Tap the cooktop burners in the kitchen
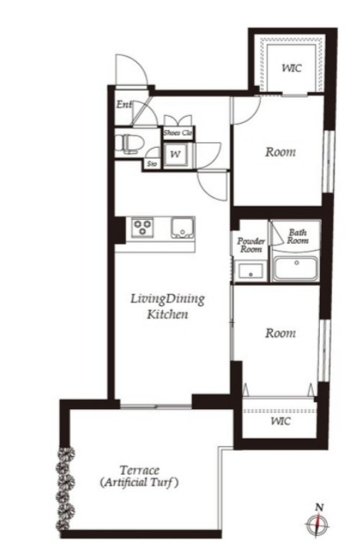tap(142, 228)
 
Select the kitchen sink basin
tap(182, 228)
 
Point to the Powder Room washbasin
tap(248, 271)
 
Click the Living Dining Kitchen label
tap(159, 306)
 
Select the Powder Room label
tap(250, 245)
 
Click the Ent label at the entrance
tap(123, 105)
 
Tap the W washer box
tap(175, 154)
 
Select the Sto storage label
tap(152, 163)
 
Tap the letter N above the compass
tap(317, 506)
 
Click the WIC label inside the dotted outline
tap(292, 68)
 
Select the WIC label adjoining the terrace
tap(278, 422)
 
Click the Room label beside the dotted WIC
tap(280, 152)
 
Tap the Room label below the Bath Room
tap(280, 333)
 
